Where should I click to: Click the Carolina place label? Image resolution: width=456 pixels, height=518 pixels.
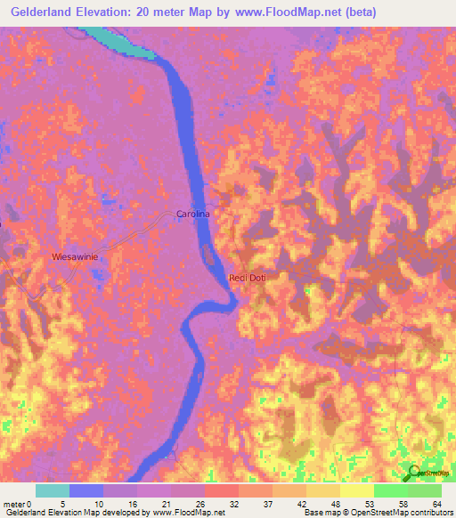(192, 214)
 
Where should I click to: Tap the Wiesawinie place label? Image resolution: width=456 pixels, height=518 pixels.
(75, 256)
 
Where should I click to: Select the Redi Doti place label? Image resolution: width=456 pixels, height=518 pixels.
(248, 278)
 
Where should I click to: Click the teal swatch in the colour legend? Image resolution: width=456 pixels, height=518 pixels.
(53, 490)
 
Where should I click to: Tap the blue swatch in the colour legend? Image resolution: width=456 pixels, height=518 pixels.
(86, 490)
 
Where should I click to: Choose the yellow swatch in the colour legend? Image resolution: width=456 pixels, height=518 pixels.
(356, 490)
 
